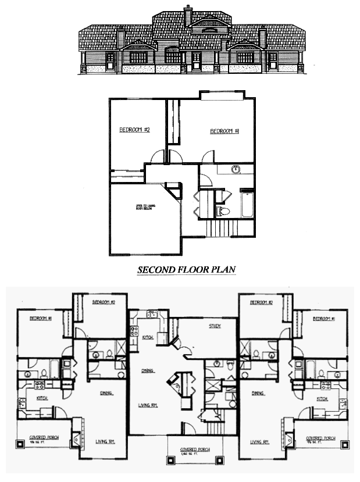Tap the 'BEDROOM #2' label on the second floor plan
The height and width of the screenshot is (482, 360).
coord(135,130)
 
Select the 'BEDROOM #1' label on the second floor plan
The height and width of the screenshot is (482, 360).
coord(225,131)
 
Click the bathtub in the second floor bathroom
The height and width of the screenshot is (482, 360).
coord(247,205)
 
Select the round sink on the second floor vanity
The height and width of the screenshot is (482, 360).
coord(236,170)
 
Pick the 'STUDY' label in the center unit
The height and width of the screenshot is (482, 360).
coord(215,326)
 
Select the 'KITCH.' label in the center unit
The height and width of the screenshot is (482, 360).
coord(148,337)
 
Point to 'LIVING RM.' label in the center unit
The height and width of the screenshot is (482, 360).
coord(149,405)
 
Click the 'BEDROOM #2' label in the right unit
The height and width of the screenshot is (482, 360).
coord(261,303)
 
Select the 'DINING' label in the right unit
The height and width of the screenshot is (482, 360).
coord(258,393)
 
